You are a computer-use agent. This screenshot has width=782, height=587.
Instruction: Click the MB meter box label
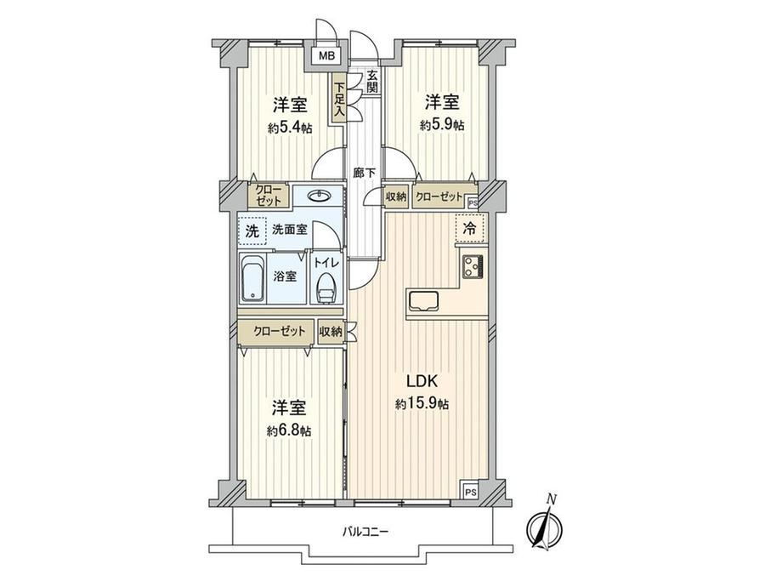click(x=326, y=56)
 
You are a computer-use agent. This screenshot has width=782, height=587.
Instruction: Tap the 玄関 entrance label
click(x=372, y=82)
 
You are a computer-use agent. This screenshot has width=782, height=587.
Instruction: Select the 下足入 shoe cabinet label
click(x=339, y=99)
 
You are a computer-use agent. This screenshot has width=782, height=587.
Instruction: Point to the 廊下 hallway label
click(x=364, y=174)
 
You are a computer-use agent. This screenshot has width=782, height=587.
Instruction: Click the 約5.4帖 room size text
click(x=290, y=128)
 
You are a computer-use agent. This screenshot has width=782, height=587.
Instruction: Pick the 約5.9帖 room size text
click(x=442, y=125)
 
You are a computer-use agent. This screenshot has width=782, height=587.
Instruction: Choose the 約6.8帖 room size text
click(x=289, y=430)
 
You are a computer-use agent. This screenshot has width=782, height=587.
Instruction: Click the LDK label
click(x=422, y=382)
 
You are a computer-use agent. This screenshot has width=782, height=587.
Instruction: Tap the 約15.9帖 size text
click(x=422, y=404)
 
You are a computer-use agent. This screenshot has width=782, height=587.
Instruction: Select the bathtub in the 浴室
click(x=252, y=278)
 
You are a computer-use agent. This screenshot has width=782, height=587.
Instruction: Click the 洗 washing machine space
click(x=252, y=231)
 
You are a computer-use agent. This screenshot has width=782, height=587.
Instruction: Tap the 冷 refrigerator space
click(x=470, y=229)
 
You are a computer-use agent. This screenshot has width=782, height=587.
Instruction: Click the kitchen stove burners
click(x=473, y=266)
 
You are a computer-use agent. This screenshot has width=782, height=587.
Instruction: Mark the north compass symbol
click(x=546, y=524)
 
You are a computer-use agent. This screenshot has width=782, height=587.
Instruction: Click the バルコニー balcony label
click(x=365, y=532)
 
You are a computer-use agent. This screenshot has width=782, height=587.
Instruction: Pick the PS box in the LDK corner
click(x=470, y=491)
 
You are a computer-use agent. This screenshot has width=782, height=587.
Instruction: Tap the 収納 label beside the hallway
click(x=396, y=197)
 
